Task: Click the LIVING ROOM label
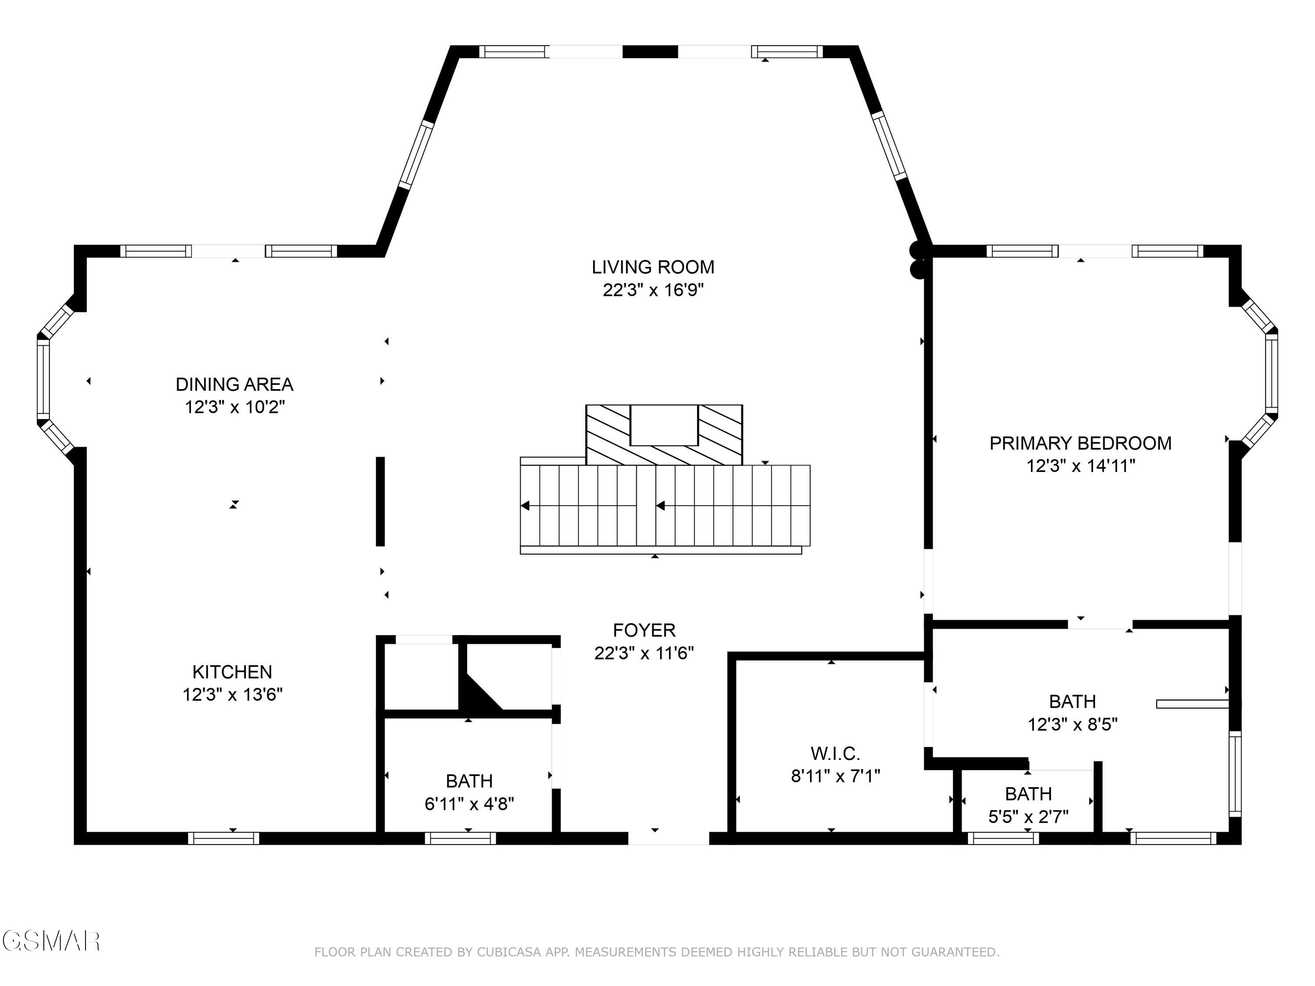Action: coord(652,267)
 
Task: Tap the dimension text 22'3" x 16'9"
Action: coord(652,291)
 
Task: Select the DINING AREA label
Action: coord(234,384)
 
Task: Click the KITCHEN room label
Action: coord(232,672)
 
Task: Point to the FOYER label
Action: coord(644,630)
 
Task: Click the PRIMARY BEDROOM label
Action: coord(1080,443)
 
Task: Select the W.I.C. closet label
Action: coord(835,754)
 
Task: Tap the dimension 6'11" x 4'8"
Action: coord(469,804)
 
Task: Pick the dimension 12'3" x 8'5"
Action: coord(1073,724)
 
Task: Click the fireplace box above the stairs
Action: coord(664,426)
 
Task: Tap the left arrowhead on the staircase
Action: coord(525,506)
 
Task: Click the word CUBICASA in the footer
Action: coord(509,952)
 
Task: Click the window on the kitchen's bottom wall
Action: coord(224,838)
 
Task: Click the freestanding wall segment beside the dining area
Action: coord(380,501)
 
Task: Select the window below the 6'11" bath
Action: coord(460,838)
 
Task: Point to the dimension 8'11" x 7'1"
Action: coord(835,776)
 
